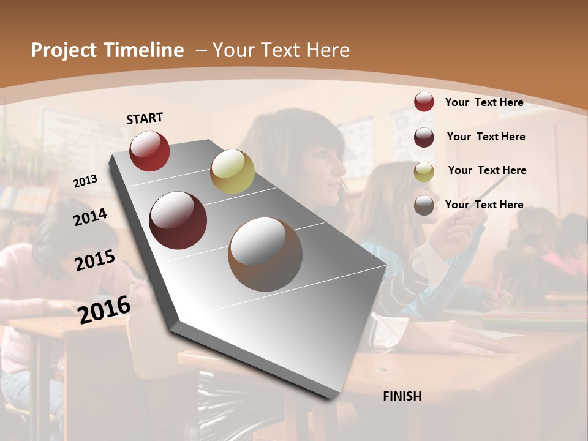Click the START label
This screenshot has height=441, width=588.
(145, 118)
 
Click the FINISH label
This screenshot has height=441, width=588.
(402, 396)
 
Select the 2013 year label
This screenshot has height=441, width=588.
(86, 181)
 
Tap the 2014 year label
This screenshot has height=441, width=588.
(91, 217)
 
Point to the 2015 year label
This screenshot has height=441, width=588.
(95, 260)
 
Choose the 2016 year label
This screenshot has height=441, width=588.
(104, 309)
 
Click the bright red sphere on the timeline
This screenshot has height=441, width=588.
(149, 151)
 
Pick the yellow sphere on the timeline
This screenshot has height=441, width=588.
(232, 171)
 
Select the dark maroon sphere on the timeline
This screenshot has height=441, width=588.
(178, 221)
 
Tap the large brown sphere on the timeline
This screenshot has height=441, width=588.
(265, 254)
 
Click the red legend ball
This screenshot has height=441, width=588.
(424, 102)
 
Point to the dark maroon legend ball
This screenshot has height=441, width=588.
(424, 137)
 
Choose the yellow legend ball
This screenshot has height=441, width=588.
(424, 171)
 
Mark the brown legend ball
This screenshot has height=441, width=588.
(424, 205)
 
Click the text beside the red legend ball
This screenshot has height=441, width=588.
(484, 102)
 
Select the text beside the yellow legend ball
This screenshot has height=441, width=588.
(487, 170)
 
